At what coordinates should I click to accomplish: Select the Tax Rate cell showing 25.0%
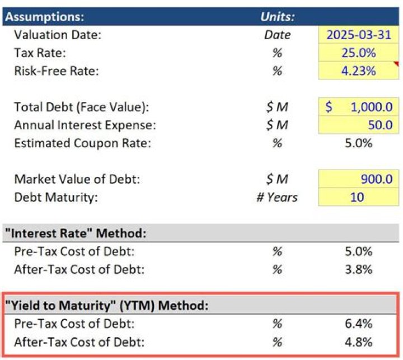pos(358,53)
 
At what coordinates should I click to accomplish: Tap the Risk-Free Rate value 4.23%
pos(358,71)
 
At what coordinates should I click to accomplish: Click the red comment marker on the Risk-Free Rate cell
pos(397,64)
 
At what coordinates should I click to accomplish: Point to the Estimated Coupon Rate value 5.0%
pos(358,142)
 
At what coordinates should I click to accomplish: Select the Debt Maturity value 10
pos(357,197)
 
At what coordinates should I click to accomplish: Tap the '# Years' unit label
pos(277,197)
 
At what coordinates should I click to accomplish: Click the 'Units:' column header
pos(277,16)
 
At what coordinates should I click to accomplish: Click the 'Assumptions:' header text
pos(45,16)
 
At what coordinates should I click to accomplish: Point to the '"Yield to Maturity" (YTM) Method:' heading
pos(106,306)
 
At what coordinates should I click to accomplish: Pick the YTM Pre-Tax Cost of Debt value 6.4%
pos(358,324)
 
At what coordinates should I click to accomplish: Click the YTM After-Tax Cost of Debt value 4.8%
pos(358,342)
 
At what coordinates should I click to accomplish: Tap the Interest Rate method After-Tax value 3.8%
pos(358,269)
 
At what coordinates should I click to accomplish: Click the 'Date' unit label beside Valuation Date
pos(277,35)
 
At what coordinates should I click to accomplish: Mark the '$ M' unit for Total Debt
pos(277,106)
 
